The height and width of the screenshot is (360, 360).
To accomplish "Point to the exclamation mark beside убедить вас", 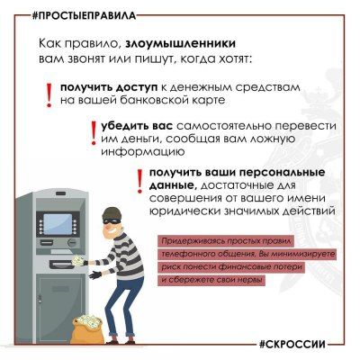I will coord(93,132).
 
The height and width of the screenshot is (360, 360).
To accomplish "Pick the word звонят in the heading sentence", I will coord(102,58).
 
